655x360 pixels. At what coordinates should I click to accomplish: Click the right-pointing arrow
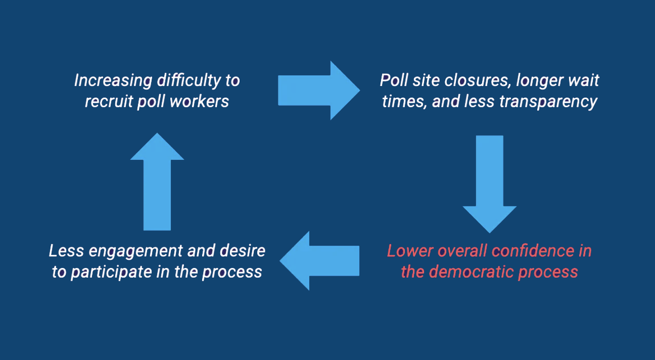[x=319, y=91]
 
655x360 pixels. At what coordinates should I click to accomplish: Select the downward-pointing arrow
[x=490, y=184]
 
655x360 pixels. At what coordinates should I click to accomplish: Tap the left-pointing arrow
[x=319, y=260]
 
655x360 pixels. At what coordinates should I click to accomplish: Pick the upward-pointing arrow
[x=157, y=182]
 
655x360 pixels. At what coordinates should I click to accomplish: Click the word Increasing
[x=113, y=80]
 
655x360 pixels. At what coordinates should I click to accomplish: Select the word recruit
[x=109, y=102]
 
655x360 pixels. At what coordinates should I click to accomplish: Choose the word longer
[x=539, y=81]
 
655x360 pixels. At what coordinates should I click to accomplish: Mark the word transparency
[x=548, y=102]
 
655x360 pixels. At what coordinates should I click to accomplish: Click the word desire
[x=243, y=251]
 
